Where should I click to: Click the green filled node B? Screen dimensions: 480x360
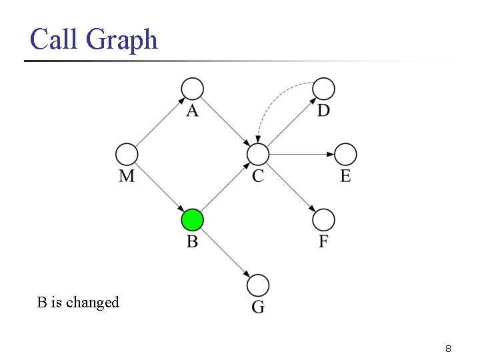(x=192, y=219)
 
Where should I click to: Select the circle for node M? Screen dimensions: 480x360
(x=127, y=155)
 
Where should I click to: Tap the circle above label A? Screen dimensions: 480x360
(x=192, y=89)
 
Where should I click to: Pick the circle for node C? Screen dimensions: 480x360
(x=257, y=155)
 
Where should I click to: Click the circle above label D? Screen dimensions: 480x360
(x=323, y=89)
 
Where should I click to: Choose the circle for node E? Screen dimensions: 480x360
(x=345, y=155)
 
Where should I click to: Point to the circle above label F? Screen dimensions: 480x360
(x=323, y=219)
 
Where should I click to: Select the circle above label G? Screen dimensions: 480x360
(x=257, y=285)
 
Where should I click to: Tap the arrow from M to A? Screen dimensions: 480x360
(x=159, y=121)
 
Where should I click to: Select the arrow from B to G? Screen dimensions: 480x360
(x=225, y=253)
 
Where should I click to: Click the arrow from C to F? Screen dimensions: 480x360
(x=291, y=187)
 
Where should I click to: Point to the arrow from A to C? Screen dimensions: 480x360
(x=225, y=121)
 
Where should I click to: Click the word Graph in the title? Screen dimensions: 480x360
(x=122, y=40)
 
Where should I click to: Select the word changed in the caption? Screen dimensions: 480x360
(x=92, y=303)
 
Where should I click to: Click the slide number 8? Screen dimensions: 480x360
(x=449, y=349)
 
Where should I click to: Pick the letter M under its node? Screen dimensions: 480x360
(x=127, y=176)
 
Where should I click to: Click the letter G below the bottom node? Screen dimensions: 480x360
(x=258, y=307)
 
